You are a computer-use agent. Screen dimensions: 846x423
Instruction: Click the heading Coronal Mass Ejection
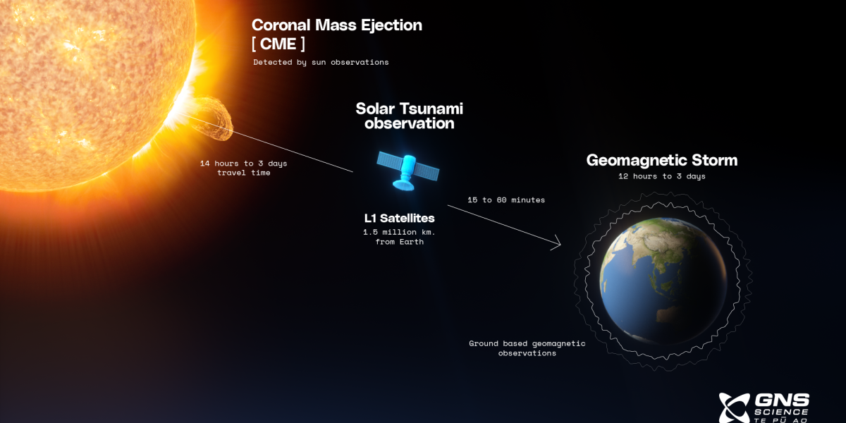337,25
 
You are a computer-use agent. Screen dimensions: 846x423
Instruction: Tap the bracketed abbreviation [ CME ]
278,44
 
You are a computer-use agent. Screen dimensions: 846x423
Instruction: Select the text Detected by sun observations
321,62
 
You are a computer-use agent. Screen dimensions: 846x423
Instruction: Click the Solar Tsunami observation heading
410,116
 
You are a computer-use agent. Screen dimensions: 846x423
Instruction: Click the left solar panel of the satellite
389,161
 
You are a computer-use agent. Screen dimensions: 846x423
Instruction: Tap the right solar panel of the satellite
427,172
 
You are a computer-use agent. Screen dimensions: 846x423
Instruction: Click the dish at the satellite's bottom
403,185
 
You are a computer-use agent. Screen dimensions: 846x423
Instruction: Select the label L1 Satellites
399,219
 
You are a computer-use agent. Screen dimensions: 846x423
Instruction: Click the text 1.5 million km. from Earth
399,237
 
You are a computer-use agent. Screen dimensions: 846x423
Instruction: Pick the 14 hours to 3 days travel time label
244,168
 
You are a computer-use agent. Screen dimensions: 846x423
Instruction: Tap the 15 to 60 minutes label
506,200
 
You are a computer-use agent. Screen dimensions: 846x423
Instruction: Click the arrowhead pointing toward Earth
558,243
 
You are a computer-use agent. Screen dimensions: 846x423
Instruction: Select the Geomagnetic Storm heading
662,160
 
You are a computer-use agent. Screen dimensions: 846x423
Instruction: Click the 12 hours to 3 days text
662,176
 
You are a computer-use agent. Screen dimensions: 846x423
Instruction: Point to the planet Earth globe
663,281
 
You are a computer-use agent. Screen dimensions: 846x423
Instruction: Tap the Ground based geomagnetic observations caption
527,348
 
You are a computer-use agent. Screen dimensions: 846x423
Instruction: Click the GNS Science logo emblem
734,408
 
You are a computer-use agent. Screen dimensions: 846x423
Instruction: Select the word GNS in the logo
782,400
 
